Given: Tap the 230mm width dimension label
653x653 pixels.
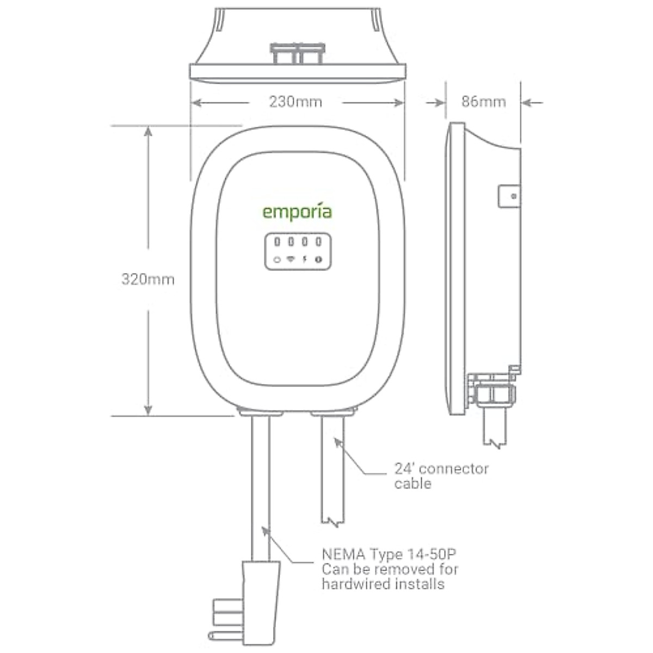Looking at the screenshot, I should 295,102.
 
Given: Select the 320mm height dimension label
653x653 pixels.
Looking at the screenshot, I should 147,279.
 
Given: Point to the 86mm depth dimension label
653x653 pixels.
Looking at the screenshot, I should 483,102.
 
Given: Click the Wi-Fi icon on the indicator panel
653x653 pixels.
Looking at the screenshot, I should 291,259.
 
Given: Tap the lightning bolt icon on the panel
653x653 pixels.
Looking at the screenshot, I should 305,259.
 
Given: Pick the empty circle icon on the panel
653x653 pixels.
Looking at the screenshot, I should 277,260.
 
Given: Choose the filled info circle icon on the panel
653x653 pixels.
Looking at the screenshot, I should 319,259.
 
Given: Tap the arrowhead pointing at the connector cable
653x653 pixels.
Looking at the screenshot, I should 338,441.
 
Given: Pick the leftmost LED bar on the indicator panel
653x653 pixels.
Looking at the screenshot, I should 277,242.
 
